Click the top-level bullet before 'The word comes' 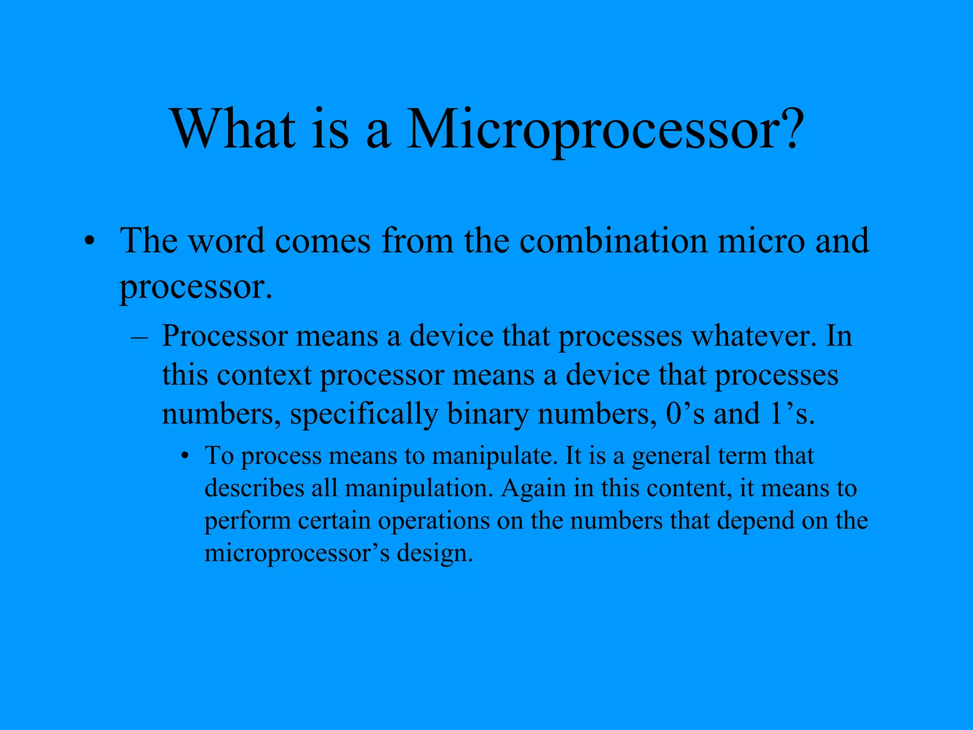(88, 242)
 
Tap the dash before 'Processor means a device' (139, 337)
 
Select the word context (264, 375)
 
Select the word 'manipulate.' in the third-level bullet (494, 456)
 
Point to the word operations (433, 521)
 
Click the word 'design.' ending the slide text (435, 554)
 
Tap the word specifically (363, 414)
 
